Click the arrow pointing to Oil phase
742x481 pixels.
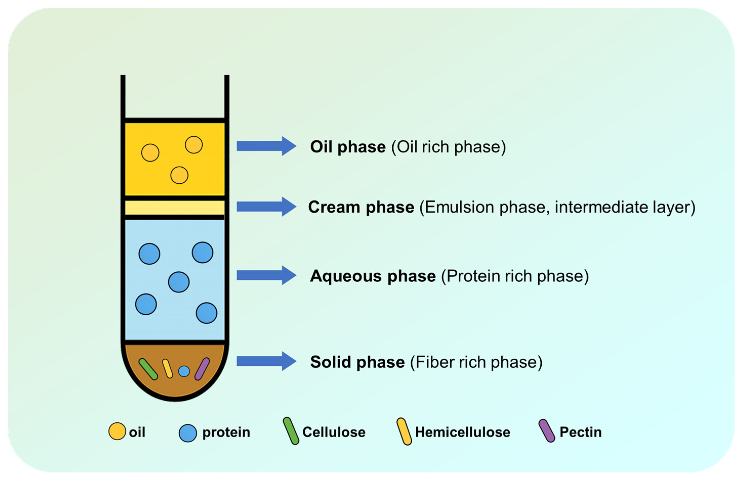point(266,146)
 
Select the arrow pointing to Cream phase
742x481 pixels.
point(266,207)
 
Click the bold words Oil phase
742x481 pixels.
point(348,147)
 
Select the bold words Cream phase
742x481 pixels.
point(361,207)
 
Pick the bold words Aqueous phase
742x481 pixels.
point(373,276)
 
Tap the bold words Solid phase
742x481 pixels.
point(357,362)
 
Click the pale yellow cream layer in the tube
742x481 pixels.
point(175,208)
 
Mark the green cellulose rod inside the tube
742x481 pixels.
point(148,369)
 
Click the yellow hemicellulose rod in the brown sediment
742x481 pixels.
point(167,369)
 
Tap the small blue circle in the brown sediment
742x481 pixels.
point(184,371)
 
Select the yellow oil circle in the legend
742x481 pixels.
point(117,431)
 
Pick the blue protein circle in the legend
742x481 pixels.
point(188,433)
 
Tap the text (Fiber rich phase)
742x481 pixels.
point(476,362)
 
